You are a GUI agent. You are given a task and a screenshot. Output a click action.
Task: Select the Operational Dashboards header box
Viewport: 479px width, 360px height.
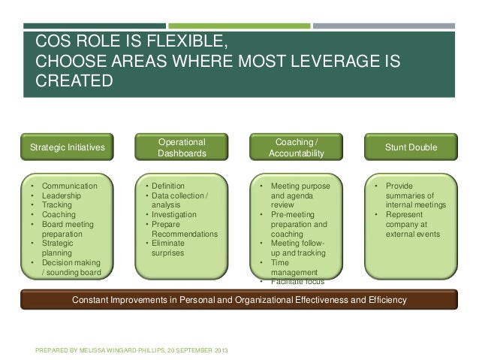pyautogui.click(x=181, y=147)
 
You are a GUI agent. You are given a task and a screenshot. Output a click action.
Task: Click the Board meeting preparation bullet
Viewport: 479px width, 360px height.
pyautogui.click(x=71, y=228)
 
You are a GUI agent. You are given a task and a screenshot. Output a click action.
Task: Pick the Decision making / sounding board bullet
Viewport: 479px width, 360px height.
pyautogui.click(x=76, y=267)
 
